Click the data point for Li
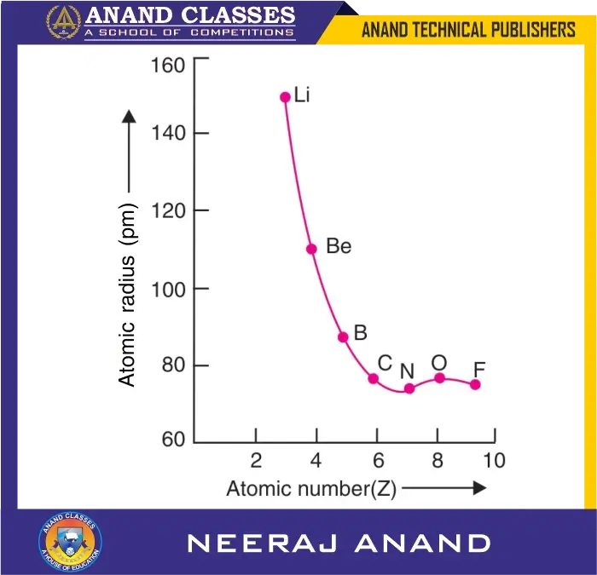tap(285, 97)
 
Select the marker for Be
tap(311, 249)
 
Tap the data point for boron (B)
tap(343, 337)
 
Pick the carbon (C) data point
tap(373, 378)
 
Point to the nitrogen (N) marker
tap(409, 388)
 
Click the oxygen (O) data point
tap(440, 377)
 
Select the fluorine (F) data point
tap(475, 384)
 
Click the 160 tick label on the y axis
tap(168, 66)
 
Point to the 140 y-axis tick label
tap(168, 134)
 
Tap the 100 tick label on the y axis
tap(168, 290)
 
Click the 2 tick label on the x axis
tap(256, 462)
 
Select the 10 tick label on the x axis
tap(494, 462)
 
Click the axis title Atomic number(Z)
tap(310, 489)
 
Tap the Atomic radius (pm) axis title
tap(128, 295)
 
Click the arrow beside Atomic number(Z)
tap(443, 489)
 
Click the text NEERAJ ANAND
tap(339, 543)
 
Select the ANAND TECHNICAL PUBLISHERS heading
tap(468, 30)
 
